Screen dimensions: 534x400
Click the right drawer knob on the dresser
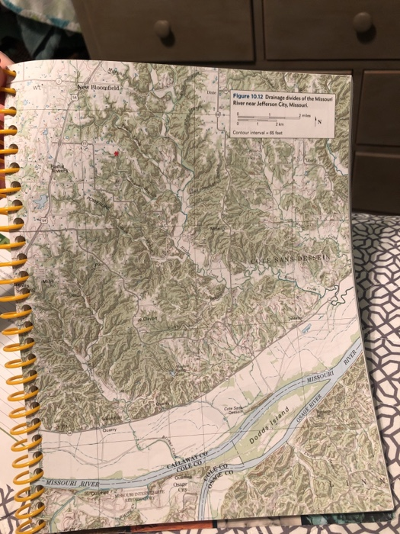(362, 22)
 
